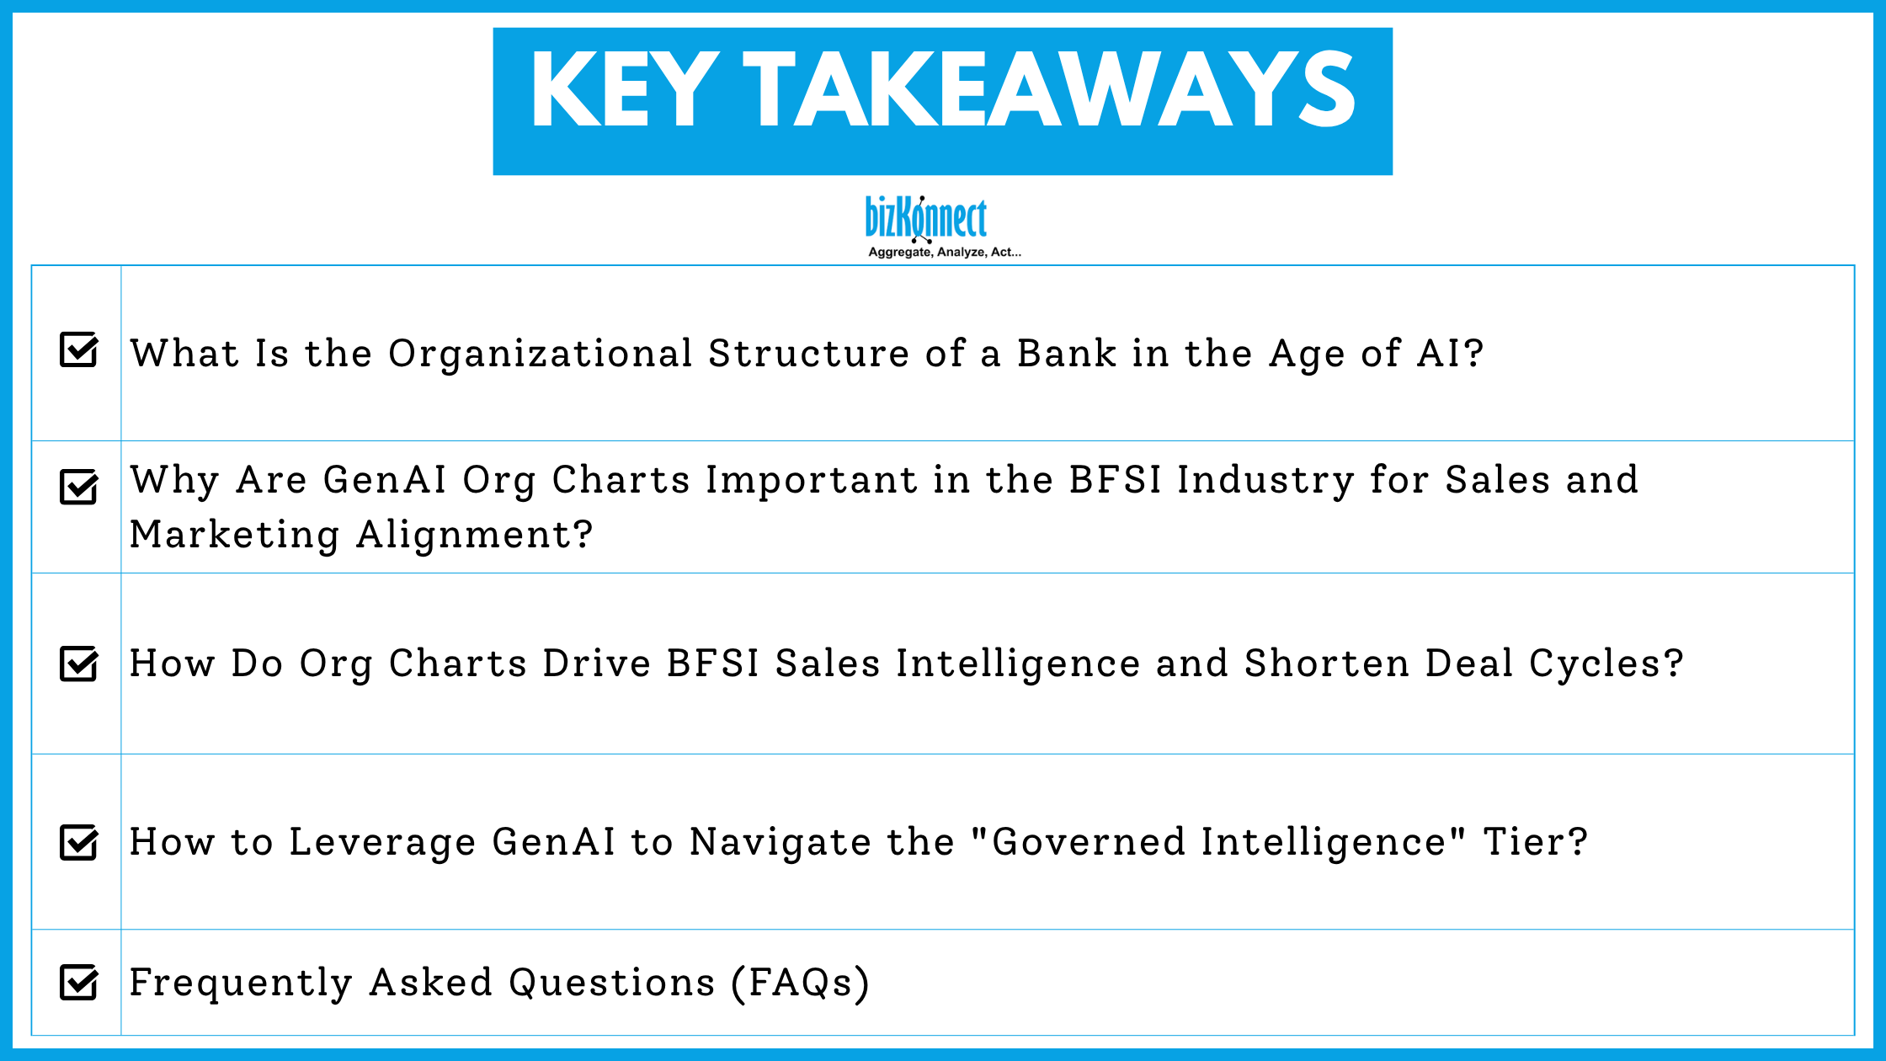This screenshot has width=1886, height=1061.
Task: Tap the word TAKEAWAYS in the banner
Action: pos(1049,89)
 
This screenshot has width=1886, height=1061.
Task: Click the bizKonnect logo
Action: pos(926,218)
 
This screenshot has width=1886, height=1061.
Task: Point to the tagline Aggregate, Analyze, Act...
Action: pos(944,252)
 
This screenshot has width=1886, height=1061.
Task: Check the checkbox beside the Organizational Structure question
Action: pos(79,349)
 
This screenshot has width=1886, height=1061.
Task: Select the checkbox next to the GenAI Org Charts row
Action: pos(79,487)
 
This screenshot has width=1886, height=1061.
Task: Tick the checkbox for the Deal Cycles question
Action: pos(79,664)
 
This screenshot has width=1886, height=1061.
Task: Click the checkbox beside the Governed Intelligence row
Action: pos(79,842)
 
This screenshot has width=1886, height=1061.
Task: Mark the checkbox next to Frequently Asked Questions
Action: pos(79,982)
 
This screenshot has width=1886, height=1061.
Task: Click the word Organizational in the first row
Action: pos(540,354)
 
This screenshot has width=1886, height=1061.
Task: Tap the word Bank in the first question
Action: pos(1066,354)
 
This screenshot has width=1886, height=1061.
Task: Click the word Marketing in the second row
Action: pos(235,535)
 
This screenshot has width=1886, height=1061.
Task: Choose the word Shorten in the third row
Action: pos(1326,664)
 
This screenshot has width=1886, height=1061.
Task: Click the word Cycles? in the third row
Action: pos(1606,664)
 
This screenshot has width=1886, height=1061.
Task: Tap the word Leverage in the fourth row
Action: pos(382,842)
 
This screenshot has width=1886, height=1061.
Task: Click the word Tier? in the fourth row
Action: pos(1535,842)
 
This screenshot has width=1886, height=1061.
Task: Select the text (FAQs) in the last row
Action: pos(800,983)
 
